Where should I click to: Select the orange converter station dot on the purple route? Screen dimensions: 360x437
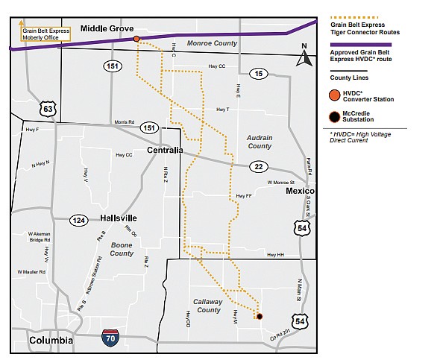coord(136,39)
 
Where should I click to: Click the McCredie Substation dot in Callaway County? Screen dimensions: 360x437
coord(260,317)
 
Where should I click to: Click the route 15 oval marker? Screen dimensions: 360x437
coord(259,73)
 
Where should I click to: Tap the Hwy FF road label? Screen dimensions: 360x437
coord(242,196)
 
